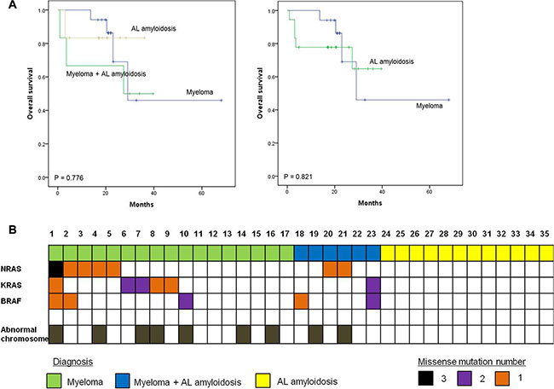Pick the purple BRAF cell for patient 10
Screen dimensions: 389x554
point(185,300)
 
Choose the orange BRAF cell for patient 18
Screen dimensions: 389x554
point(302,300)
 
